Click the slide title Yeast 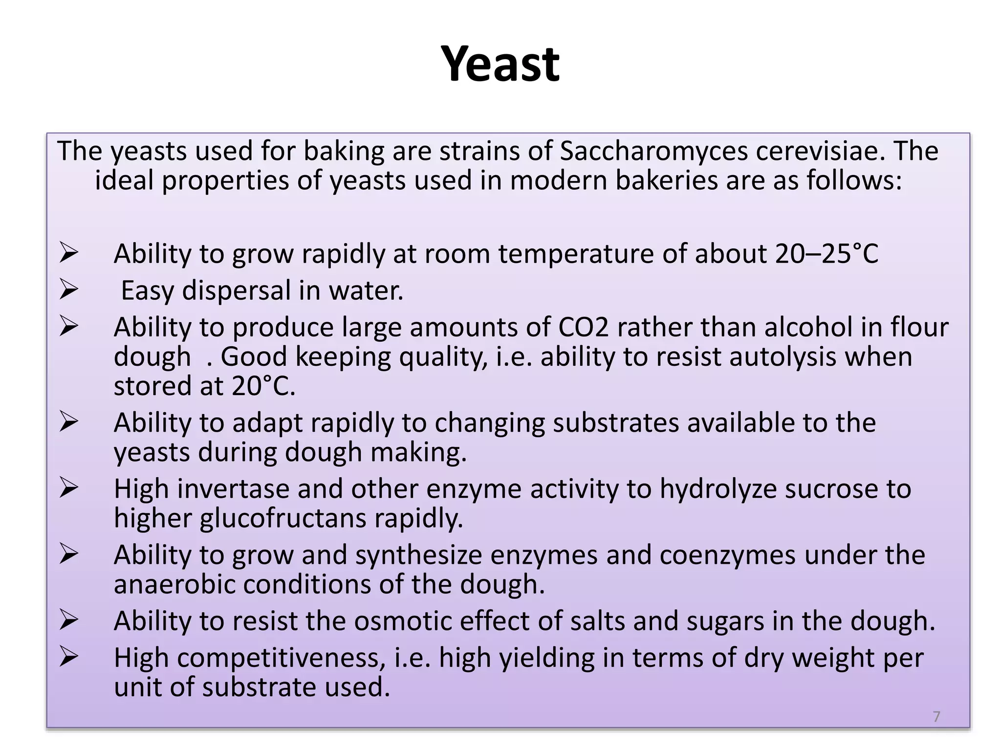[x=500, y=64]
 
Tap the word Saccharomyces [x=653, y=151]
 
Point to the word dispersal [x=237, y=290]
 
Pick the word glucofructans [x=283, y=518]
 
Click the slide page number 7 [x=936, y=716]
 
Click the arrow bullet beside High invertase [x=69, y=487]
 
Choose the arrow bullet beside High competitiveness [x=69, y=657]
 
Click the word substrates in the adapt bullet [x=616, y=422]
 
